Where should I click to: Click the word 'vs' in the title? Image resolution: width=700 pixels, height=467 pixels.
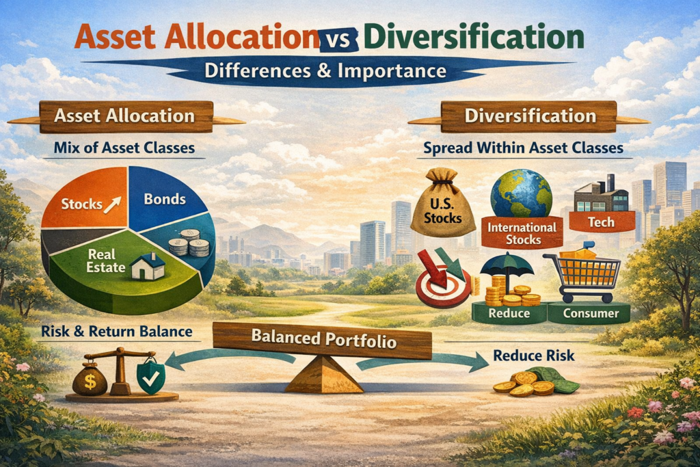[x=340, y=38]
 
